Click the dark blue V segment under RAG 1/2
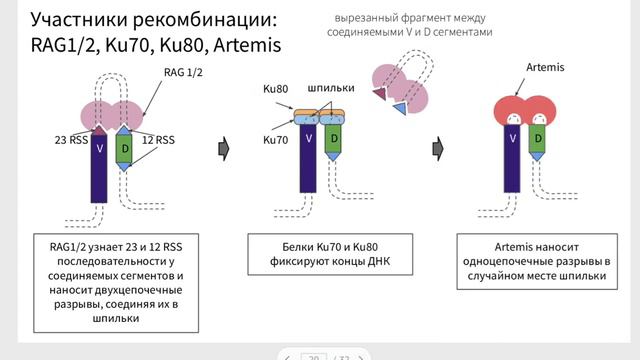pos(100,170)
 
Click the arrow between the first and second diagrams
pos(225,148)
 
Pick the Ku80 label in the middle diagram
pos(276,89)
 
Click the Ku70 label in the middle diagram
pos(275,140)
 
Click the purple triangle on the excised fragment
pos(379,94)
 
